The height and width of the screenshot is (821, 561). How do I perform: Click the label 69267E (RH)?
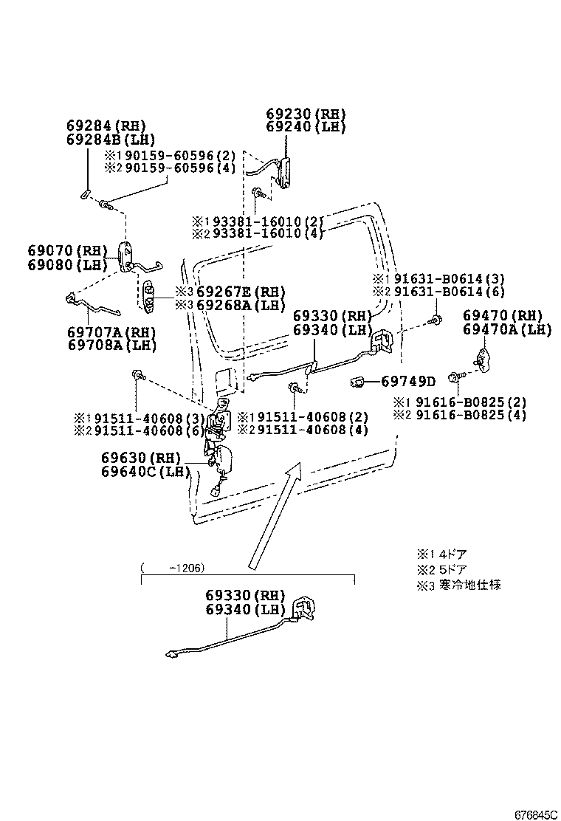230,292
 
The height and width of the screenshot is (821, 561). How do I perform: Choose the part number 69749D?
408,381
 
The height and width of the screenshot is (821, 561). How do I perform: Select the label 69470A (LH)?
507,330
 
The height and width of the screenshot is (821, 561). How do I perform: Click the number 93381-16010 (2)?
264,221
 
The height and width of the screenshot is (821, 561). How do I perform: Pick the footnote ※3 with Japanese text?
458,585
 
